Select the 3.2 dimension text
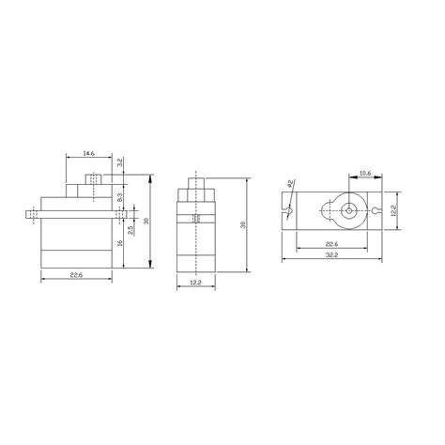coord(120,161)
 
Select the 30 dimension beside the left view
coord(146,222)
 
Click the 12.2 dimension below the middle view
coord(195,283)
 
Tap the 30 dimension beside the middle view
coord(242,225)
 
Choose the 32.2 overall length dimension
coord(333,255)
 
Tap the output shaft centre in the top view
coord(348,210)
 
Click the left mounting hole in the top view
coord(289,210)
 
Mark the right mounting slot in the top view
coord(376,210)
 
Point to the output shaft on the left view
coord(92,178)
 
